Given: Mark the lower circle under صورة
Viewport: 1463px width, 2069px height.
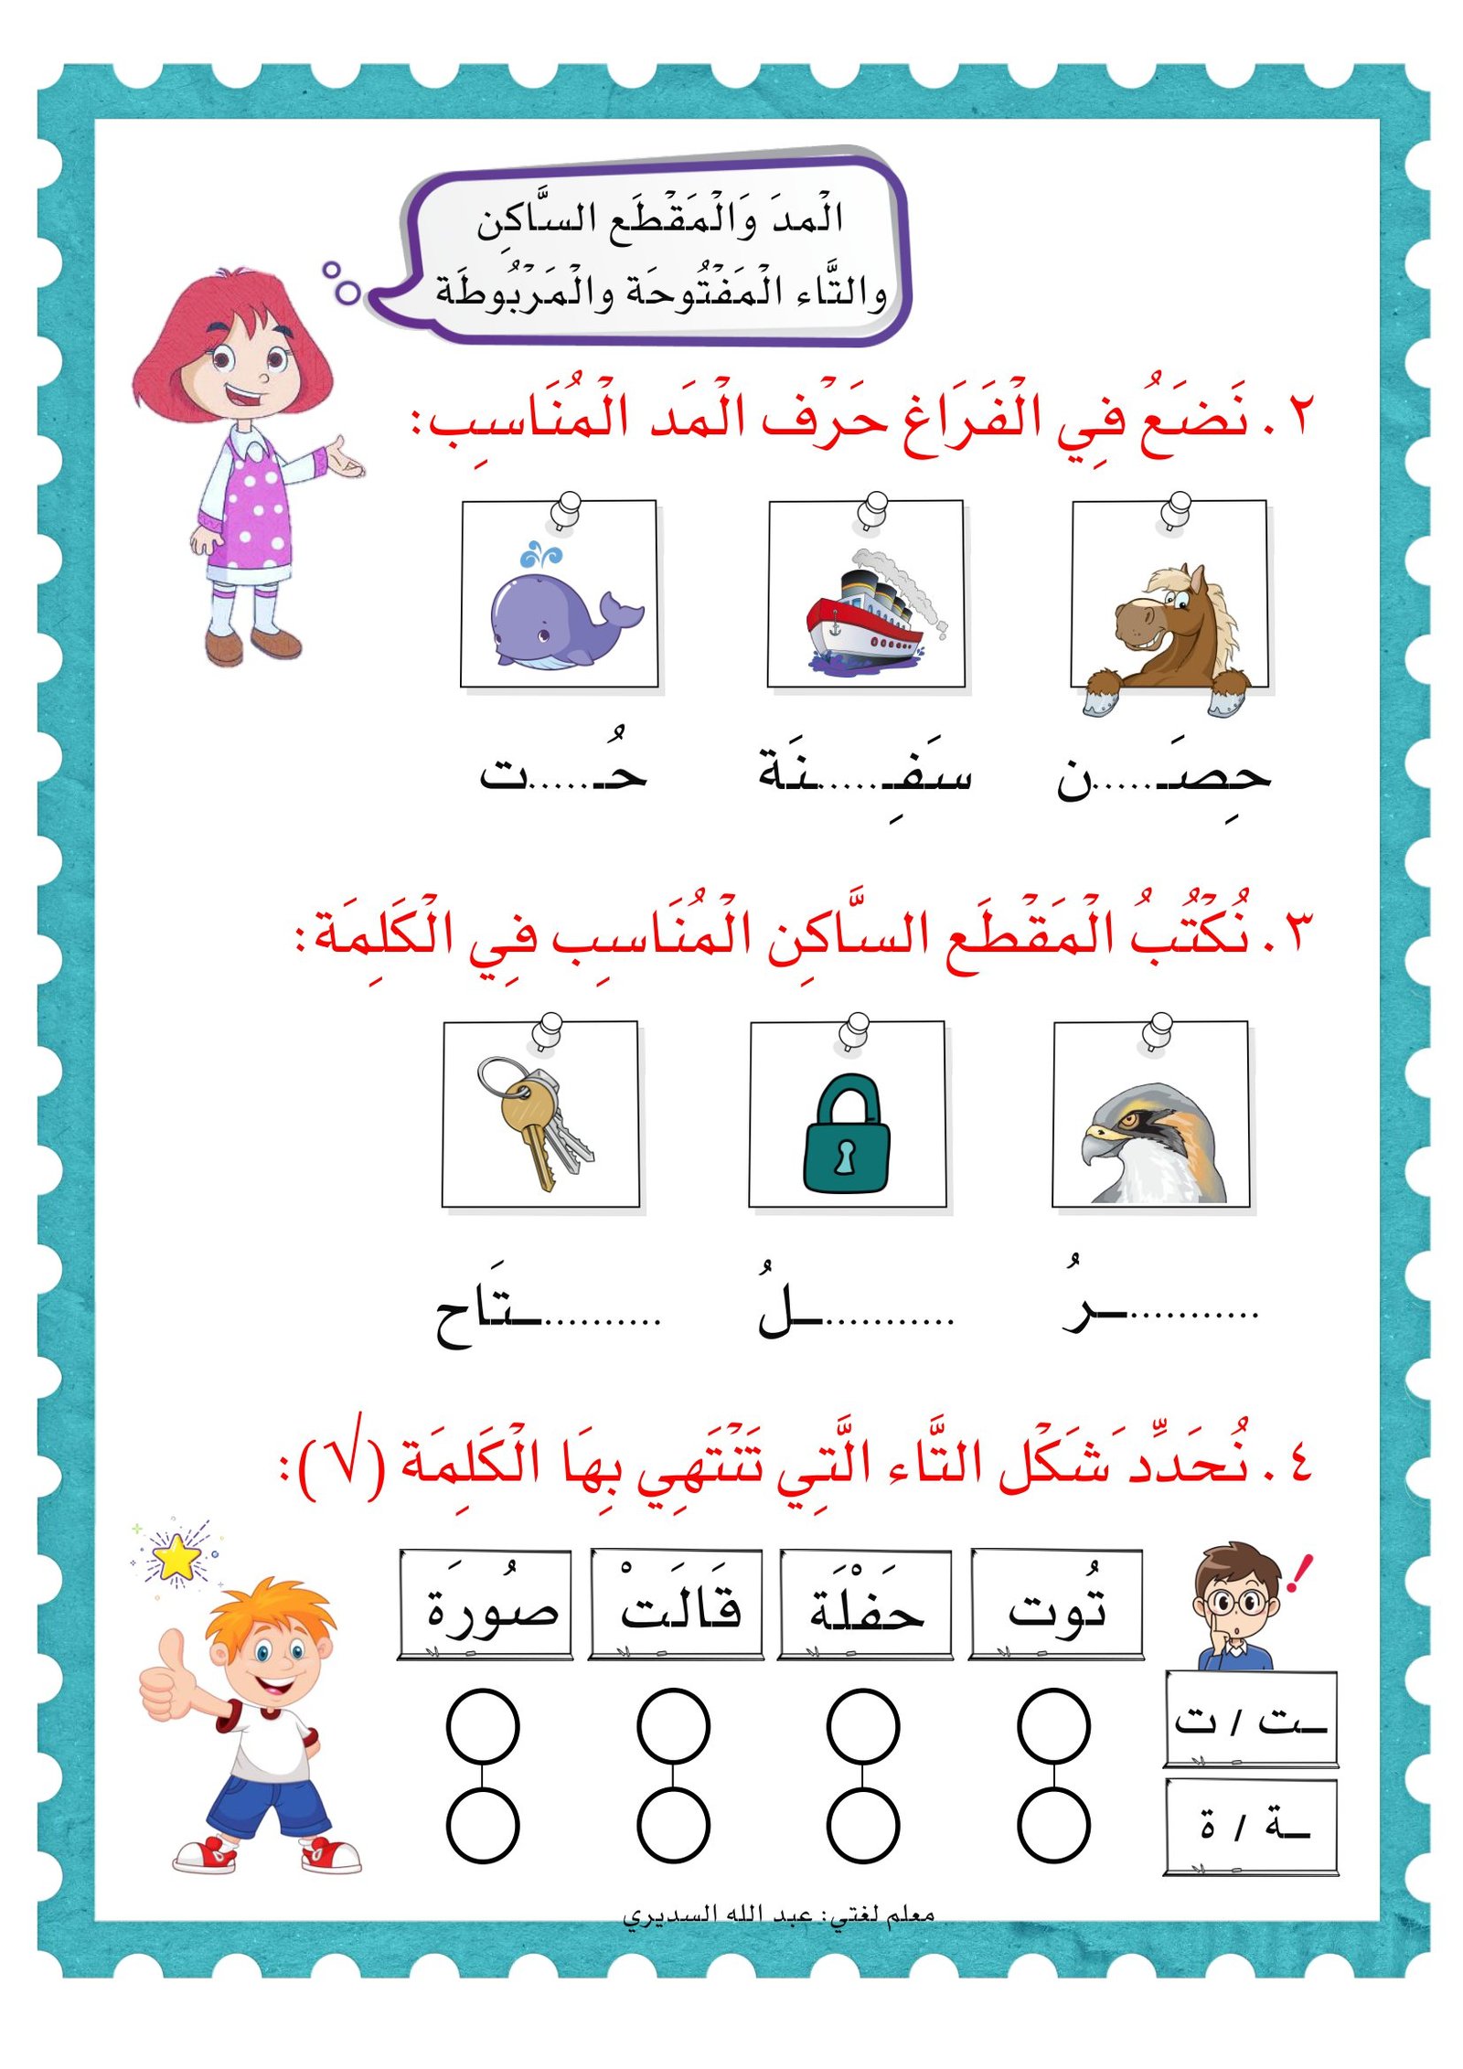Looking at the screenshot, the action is (483, 1825).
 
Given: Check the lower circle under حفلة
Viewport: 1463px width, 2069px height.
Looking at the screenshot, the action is (863, 1825).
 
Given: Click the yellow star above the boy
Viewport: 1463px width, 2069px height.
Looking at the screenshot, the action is (176, 1558).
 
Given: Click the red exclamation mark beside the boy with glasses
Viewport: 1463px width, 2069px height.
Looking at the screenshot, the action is (1299, 1573).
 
